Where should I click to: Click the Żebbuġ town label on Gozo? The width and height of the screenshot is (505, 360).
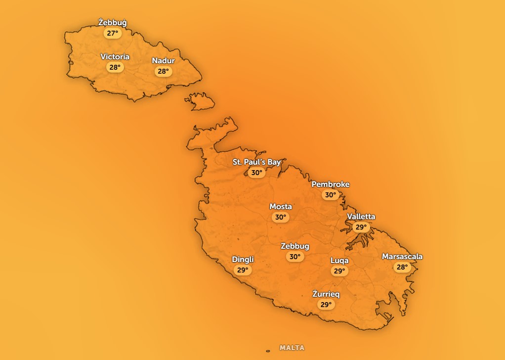coord(113,23)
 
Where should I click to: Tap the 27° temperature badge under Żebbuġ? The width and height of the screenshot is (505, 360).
coord(113,34)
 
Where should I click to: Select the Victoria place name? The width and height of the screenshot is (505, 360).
coord(115,57)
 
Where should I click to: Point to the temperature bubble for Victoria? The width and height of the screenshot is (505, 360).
coord(115,68)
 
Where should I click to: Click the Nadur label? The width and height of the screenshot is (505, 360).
coord(163,61)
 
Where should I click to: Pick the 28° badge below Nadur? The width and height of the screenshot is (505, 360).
coord(163,72)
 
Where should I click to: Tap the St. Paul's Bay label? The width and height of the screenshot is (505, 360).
coord(256,162)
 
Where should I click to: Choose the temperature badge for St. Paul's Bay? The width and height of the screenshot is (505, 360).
coord(256,173)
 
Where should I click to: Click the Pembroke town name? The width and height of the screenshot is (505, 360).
coord(330,184)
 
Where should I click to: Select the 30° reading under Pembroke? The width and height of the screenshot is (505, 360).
coord(330,195)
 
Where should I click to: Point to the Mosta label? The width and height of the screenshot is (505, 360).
coord(280,207)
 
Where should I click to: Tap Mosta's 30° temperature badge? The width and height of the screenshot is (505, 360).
coord(280,218)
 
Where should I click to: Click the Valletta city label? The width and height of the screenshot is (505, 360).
coord(361,217)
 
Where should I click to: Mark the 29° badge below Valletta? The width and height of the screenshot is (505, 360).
coord(361,227)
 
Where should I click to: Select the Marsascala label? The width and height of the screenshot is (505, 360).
coord(402,257)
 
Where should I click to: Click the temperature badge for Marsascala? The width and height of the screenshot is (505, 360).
coord(402,268)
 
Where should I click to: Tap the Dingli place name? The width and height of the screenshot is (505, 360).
coord(243,260)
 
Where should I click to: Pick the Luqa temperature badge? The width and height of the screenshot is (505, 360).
coord(339,271)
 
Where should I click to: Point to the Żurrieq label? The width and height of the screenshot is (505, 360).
coord(326,294)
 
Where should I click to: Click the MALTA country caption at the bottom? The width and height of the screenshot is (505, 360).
coord(292,348)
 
